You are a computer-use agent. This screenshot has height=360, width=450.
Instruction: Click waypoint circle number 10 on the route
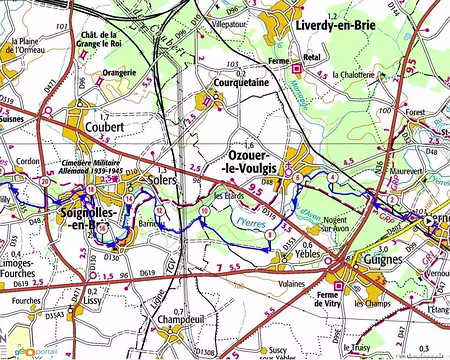pyautogui.click(x=204, y=212)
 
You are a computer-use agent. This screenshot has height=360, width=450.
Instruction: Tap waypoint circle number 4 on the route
pyautogui.click(x=332, y=177)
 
